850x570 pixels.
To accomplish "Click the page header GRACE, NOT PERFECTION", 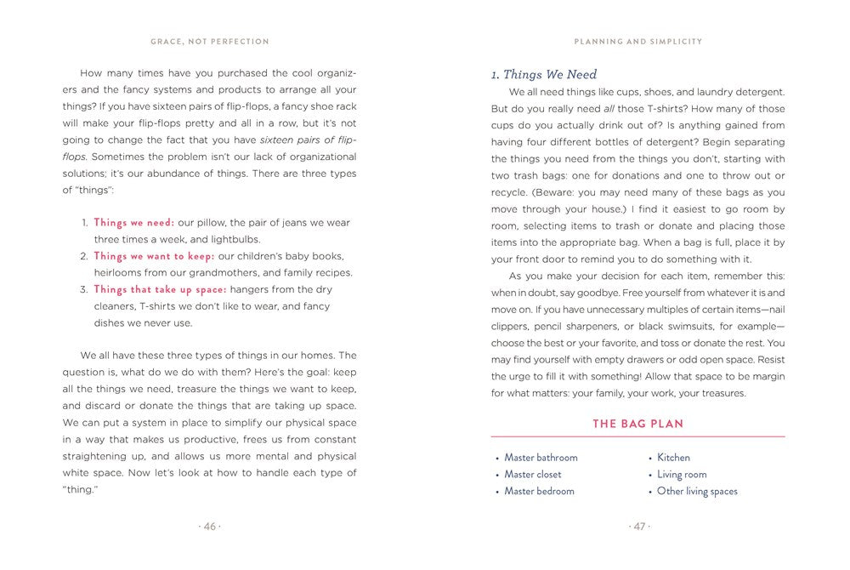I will pos(209,41).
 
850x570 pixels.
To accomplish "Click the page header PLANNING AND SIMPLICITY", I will pos(637,41).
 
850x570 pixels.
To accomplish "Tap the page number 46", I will pos(209,527).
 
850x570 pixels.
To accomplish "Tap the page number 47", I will pos(638,527).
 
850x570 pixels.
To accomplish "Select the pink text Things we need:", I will pos(133,223).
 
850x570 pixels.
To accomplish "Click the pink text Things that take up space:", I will pos(160,289).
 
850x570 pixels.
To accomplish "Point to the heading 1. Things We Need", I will pos(544,75).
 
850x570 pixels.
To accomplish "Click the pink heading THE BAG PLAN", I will pos(637,424).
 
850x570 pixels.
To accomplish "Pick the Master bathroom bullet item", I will pos(541,458).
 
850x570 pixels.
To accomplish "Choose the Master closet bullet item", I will pos(533,475).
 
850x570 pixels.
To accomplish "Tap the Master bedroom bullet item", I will pos(539,491).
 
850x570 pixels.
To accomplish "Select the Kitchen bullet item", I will pos(673,458).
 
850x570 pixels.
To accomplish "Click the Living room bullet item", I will pos(682,475).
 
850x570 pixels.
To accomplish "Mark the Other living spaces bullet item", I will pos(697,491).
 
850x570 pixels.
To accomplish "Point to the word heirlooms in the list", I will pos(120,273).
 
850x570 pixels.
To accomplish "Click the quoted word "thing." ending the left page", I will pos(82,489).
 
